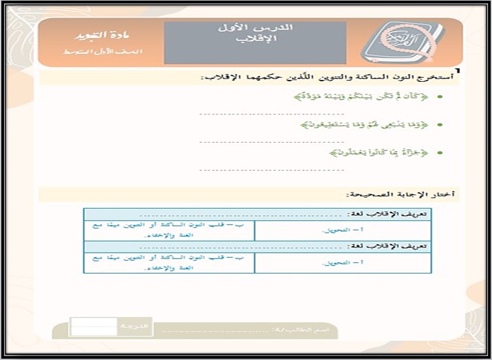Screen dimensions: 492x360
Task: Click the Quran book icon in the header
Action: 402,43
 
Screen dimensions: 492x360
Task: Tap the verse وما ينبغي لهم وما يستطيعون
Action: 369,125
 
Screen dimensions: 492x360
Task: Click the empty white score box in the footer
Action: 84,326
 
